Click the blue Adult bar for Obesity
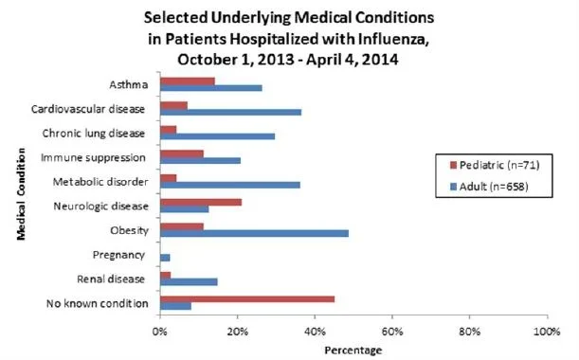point(254,233)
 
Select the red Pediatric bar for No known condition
point(247,299)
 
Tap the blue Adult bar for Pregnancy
point(165,258)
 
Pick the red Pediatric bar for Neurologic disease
point(201,202)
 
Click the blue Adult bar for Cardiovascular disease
point(231,112)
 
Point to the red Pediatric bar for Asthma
point(188,81)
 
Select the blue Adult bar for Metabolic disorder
point(230,185)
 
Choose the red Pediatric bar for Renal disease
point(166,275)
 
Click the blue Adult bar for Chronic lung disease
point(218,136)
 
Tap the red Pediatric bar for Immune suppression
point(182,153)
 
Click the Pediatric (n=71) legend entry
point(495,165)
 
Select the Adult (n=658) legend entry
point(489,187)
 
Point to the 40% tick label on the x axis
point(315,332)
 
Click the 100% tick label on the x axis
point(547,332)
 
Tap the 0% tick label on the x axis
point(160,332)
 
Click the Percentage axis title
point(353,350)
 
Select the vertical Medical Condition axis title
point(21,194)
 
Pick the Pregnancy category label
point(118,255)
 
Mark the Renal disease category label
point(111,279)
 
